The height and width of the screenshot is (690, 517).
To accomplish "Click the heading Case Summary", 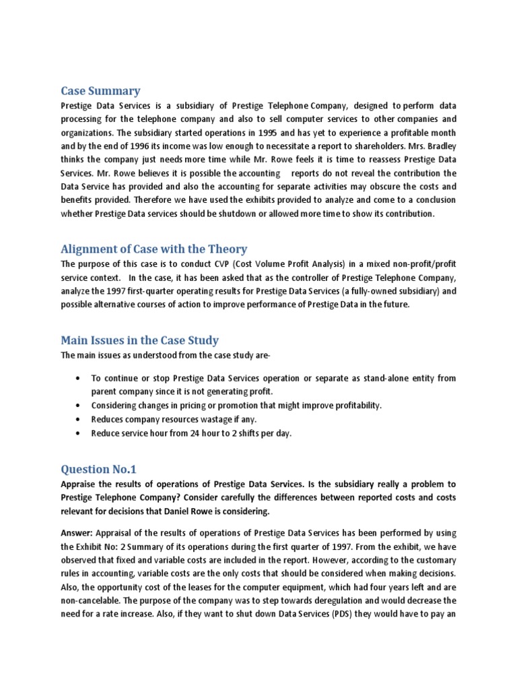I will click(100, 91).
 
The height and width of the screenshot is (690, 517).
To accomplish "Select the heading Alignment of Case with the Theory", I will click(154, 249).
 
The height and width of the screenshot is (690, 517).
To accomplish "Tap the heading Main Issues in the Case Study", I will click(139, 340).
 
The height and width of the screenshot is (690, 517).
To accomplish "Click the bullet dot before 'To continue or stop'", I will click(80, 378).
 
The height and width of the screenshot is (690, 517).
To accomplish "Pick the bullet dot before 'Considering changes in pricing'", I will click(80, 405).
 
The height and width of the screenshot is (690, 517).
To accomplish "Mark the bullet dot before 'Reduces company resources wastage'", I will click(80, 419).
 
